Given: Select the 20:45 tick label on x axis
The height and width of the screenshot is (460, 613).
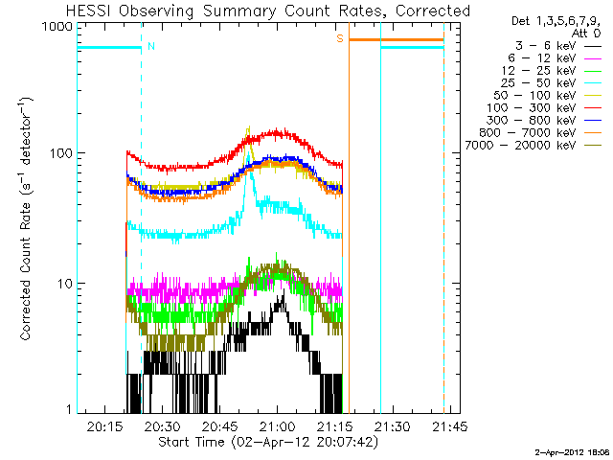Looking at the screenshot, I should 219,426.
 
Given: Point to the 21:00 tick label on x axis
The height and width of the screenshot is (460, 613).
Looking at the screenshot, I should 278,426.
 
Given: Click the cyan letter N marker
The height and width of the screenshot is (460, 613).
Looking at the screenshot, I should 151,45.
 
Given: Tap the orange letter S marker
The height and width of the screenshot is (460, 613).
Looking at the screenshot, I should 339,39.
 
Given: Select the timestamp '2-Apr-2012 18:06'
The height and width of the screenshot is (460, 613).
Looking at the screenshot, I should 573,449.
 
